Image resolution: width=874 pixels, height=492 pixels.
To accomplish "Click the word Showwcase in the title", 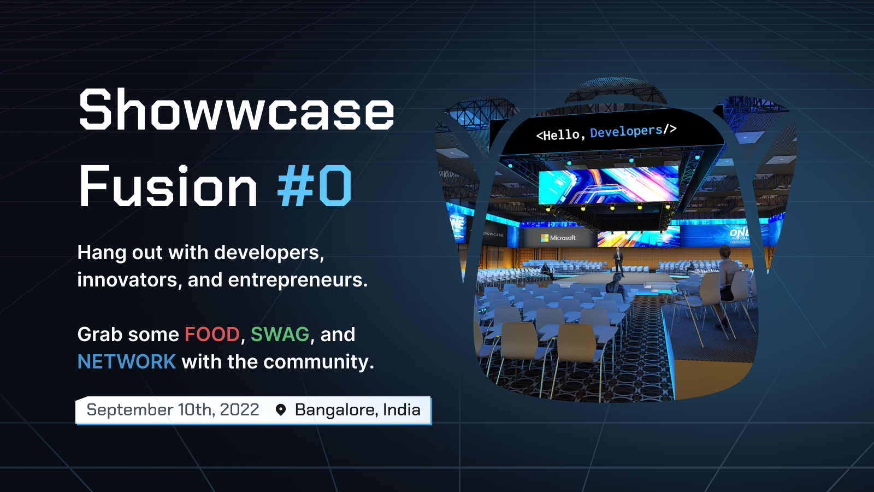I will tap(236, 110).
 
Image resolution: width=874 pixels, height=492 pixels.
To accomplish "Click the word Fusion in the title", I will tap(168, 187).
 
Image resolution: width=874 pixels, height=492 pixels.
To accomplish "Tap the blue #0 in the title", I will tap(314, 187).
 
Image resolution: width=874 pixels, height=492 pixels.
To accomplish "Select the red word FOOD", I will tap(212, 335).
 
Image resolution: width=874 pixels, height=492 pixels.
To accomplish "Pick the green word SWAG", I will tap(280, 335).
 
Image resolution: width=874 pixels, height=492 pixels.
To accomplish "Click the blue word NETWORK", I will tap(126, 362).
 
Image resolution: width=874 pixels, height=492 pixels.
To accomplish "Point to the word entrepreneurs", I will tap(298, 280).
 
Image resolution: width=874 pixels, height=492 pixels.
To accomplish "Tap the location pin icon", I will tap(281, 410).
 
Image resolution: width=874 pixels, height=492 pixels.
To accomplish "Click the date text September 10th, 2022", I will tap(173, 410).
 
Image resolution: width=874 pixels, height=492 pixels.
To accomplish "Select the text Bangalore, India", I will tap(357, 410).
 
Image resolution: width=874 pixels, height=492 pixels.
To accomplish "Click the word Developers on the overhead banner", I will tap(626, 132).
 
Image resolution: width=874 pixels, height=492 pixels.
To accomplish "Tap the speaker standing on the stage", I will tap(618, 261).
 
